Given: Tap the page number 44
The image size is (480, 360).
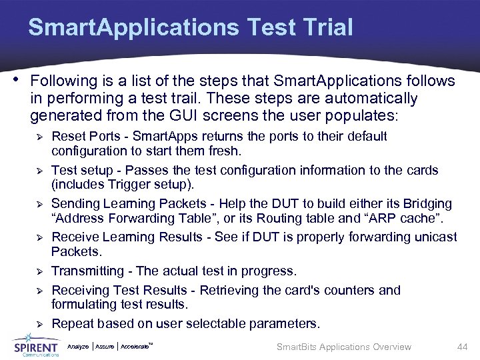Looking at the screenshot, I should click(462, 347).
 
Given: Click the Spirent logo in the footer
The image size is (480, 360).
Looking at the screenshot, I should click(36, 346).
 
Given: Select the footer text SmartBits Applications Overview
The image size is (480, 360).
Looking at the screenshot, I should click(344, 347).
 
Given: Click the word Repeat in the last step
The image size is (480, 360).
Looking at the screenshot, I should click(71, 324).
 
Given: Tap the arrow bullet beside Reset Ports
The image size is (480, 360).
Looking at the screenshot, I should click(39, 137).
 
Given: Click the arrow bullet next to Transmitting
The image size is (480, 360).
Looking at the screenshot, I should click(39, 271).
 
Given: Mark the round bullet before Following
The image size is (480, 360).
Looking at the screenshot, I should click(15, 80).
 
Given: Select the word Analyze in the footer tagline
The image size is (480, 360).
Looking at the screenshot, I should click(78, 347).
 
